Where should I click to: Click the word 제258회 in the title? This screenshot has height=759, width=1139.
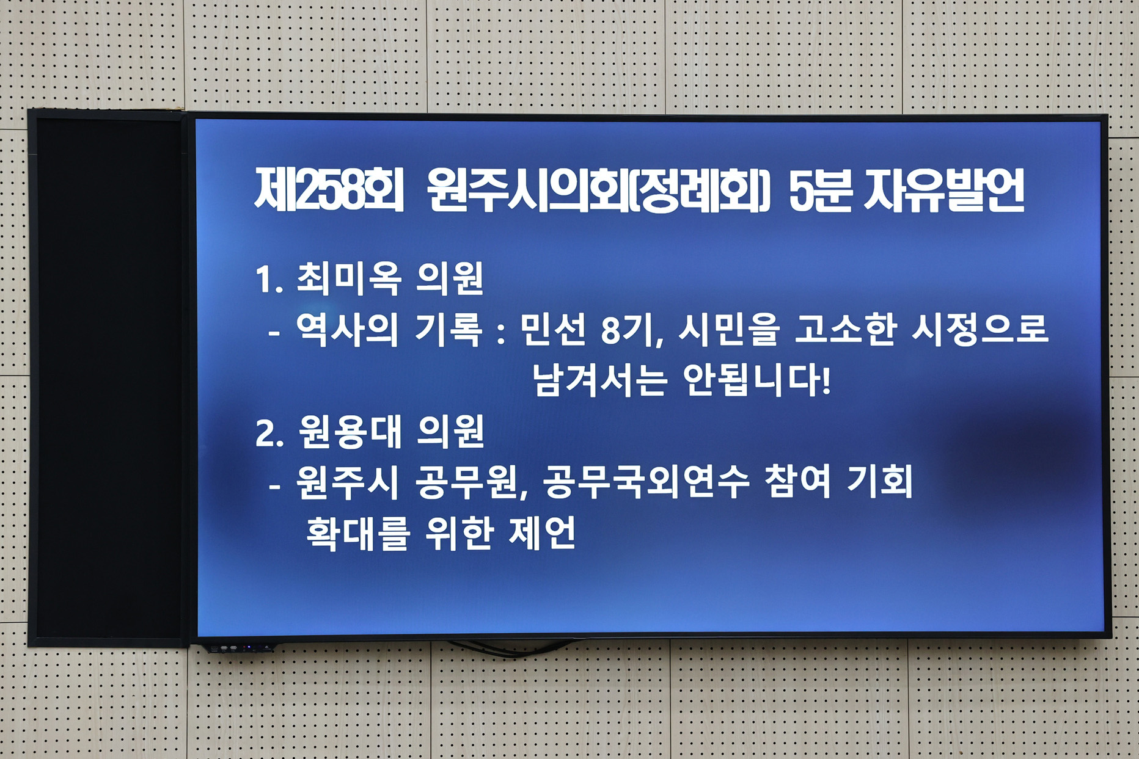[329, 191]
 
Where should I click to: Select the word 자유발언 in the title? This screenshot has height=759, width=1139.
[944, 191]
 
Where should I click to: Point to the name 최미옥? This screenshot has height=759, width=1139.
[350, 279]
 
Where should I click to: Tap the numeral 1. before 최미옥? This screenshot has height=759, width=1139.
[269, 280]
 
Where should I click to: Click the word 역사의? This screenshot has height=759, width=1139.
[346, 330]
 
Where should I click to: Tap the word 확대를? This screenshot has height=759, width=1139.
[357, 534]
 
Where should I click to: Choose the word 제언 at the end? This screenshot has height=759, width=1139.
[541, 534]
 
